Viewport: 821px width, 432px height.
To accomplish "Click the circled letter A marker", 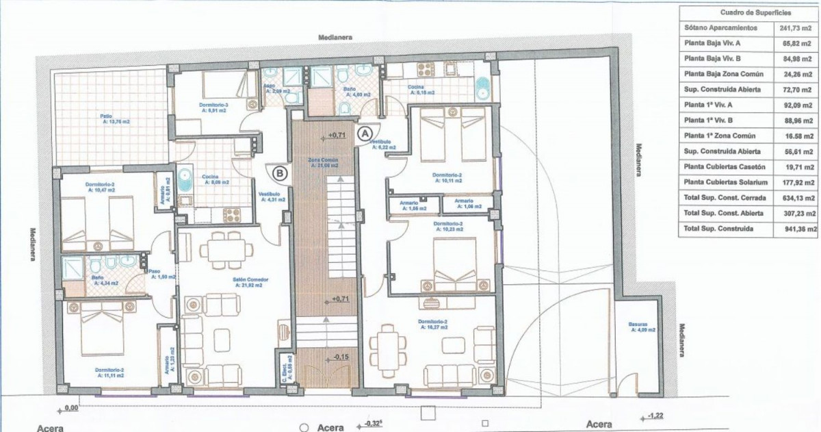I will [365, 129].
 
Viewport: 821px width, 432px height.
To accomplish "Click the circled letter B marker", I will [279, 173].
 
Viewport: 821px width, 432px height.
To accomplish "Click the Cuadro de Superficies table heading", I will [748, 12].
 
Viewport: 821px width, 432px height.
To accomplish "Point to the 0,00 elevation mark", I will [70, 409].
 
